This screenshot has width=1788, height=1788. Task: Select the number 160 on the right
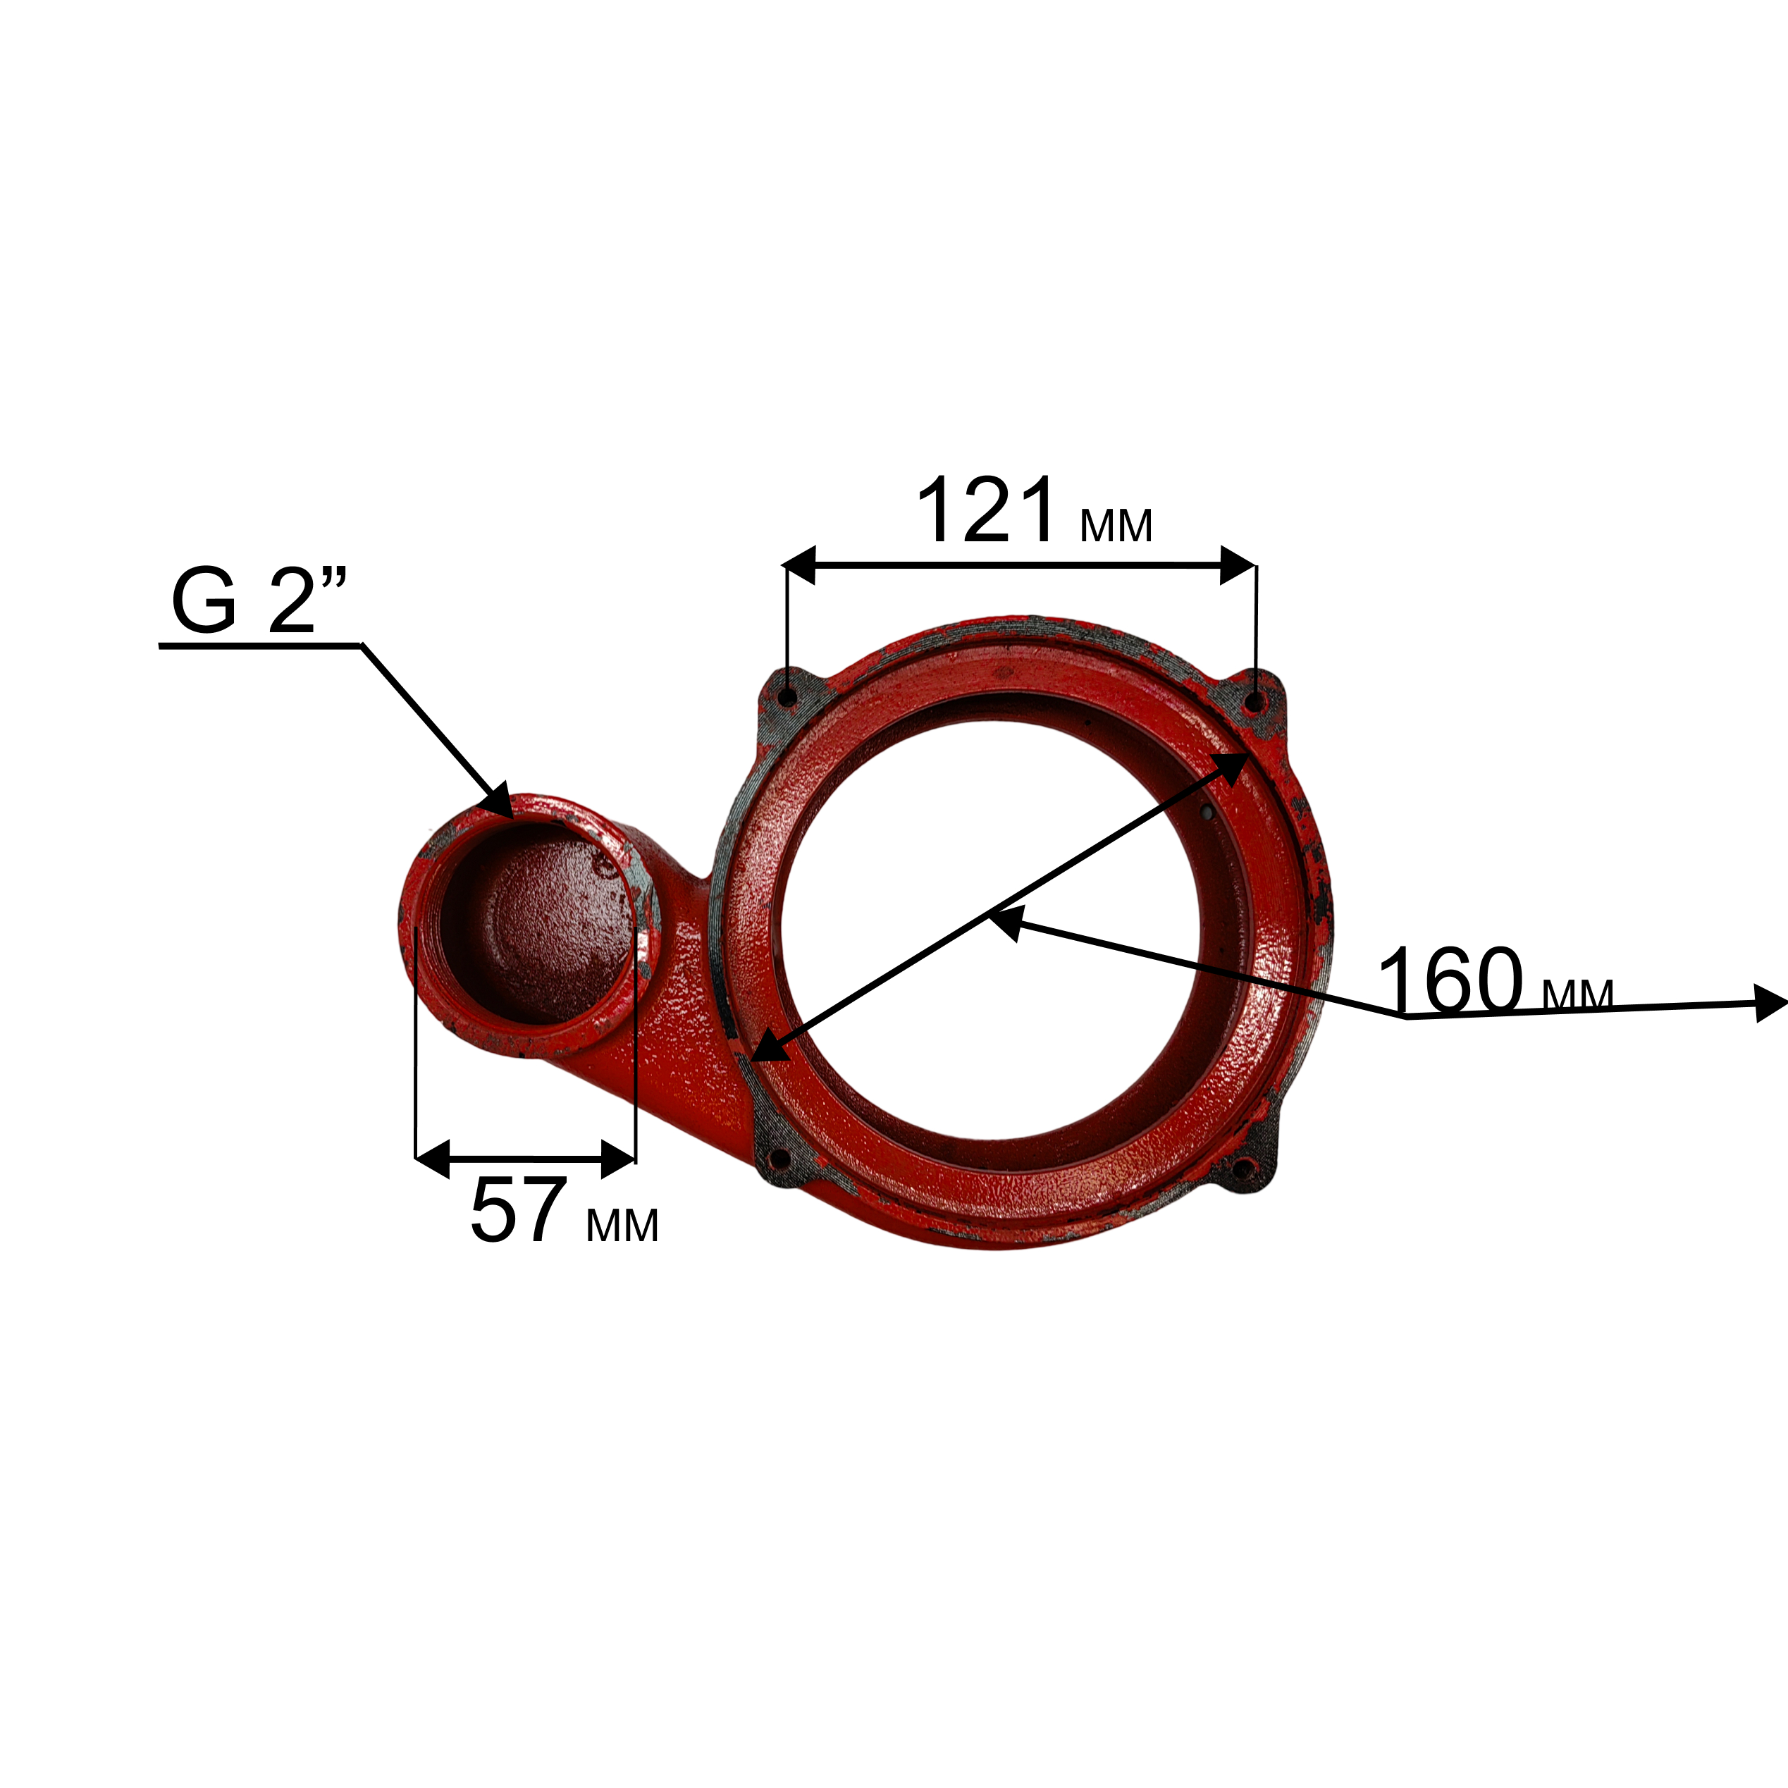pyautogui.click(x=1449, y=979)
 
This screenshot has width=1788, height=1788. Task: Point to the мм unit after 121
pyautogui.click(x=1116, y=526)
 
